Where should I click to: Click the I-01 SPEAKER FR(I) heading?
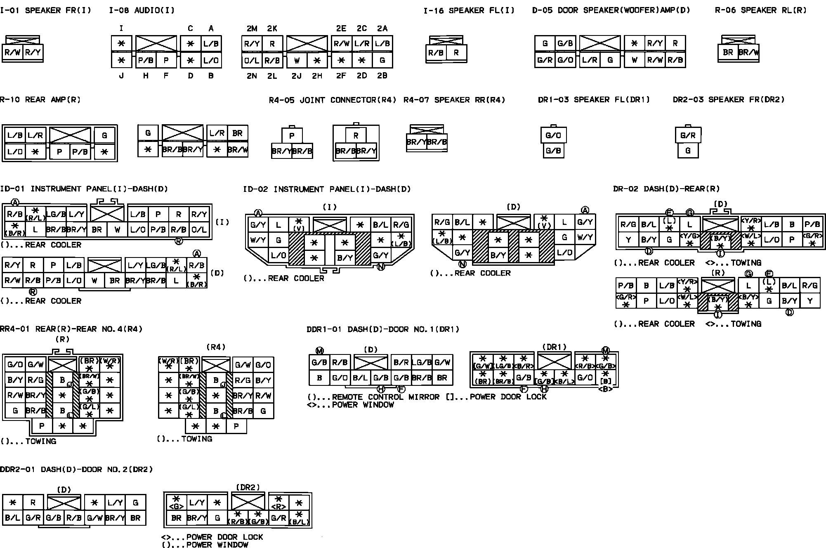pos(45,10)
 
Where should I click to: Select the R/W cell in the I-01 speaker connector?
pos(12,52)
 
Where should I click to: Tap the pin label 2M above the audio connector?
pos(252,28)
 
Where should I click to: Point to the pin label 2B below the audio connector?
pos(382,76)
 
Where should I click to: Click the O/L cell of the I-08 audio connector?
pos(252,60)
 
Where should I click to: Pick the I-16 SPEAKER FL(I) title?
pos(469,10)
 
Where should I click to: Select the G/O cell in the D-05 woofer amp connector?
pos(565,60)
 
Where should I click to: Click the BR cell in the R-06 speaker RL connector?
pos(728,52)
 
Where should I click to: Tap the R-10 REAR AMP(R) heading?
pos(40,100)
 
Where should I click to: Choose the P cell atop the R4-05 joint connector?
pos(292,136)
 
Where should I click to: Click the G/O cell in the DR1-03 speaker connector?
pos(553,135)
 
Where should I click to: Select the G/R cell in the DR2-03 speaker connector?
pos(688,135)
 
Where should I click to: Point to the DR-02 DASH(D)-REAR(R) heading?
pos(666,189)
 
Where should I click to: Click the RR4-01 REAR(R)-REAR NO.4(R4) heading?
pos(71,329)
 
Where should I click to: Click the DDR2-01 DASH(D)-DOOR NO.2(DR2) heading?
pos(76,470)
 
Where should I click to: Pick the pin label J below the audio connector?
pos(121,76)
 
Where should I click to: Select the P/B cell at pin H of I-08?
pos(146,60)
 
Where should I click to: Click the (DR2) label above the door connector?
pos(248,487)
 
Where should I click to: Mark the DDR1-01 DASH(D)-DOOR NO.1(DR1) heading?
pos(383,329)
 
